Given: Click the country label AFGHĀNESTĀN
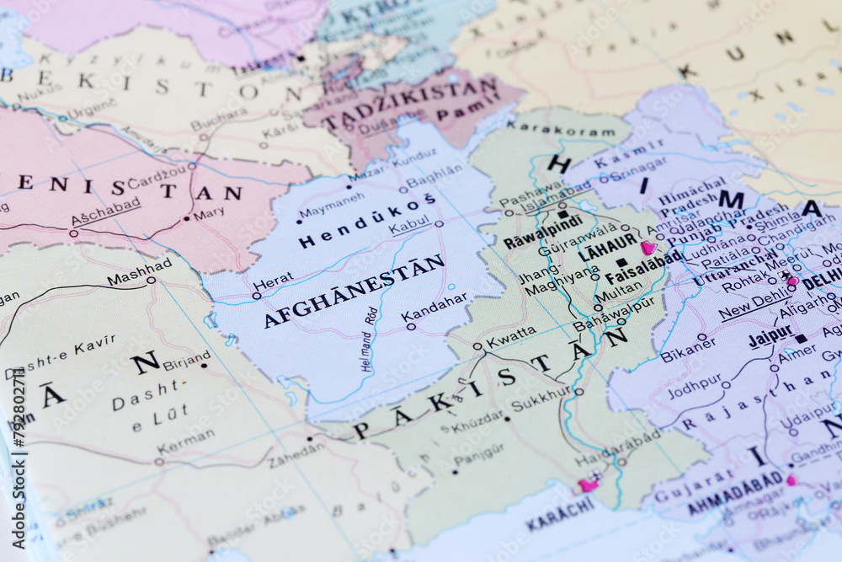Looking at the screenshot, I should tap(354, 291).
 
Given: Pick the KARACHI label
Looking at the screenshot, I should tap(560, 511).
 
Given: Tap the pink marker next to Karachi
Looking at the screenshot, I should tap(588, 484).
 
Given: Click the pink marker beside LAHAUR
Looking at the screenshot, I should tap(647, 248).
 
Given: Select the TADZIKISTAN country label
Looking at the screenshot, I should tap(411, 104).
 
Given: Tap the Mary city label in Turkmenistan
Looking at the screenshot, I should tap(209, 215).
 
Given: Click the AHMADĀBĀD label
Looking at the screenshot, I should tap(735, 493).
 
